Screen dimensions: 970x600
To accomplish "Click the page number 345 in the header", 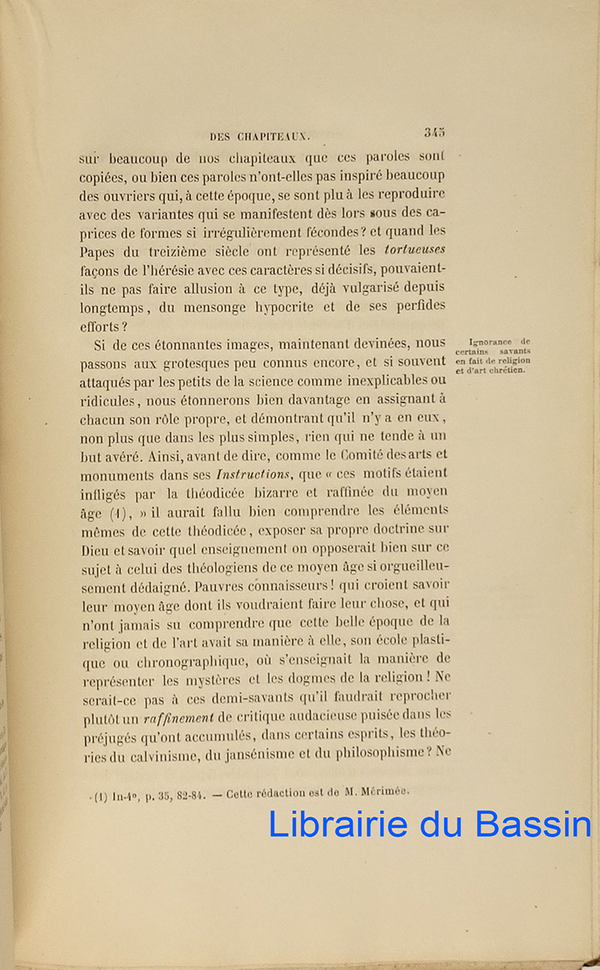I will pos(433,134).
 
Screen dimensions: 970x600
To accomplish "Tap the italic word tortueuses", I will pos(416,251).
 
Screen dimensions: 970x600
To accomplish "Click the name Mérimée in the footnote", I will pos(387,791).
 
